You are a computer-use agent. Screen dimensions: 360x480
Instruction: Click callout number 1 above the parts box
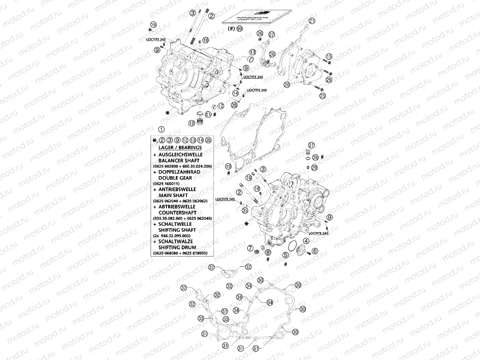[161, 129]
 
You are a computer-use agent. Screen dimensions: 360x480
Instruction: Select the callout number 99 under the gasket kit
[240, 29]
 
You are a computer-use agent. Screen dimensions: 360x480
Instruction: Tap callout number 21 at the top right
[312, 21]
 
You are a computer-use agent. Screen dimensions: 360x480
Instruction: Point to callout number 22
[272, 34]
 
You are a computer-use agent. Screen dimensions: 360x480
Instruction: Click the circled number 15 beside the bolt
[329, 56]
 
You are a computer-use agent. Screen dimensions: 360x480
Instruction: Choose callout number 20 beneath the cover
[287, 85]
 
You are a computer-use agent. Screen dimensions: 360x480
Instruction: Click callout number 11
[207, 115]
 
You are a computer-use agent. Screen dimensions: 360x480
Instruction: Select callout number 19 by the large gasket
[228, 166]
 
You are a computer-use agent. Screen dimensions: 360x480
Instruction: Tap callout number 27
[311, 145]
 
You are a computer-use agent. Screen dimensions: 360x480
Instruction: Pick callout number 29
[314, 168]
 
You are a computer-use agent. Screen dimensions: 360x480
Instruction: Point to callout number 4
[306, 241]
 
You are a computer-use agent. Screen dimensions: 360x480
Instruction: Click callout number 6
[315, 251]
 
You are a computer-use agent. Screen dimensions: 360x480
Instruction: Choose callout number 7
[250, 248]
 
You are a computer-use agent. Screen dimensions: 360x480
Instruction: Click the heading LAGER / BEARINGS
[174, 148]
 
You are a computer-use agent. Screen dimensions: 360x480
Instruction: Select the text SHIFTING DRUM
[177, 248]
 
